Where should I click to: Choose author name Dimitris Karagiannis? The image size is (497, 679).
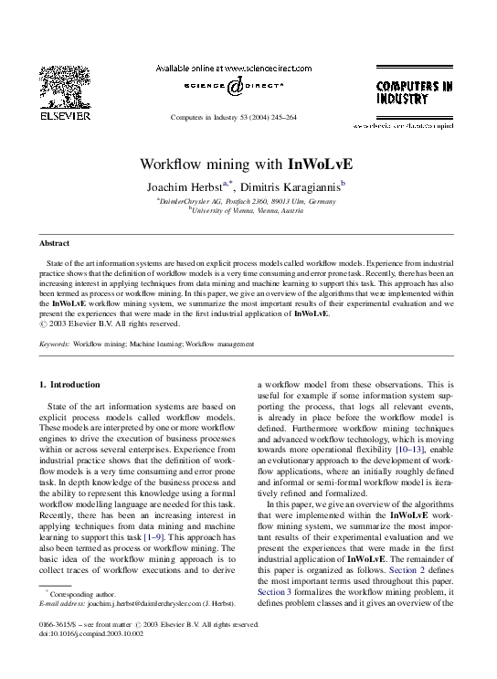[x=294, y=186]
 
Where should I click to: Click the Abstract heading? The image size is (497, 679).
[x=54, y=243]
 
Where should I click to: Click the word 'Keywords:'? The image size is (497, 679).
[x=55, y=345]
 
